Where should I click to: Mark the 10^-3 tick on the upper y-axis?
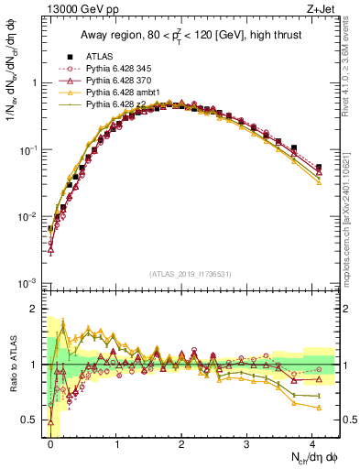coord(30,284)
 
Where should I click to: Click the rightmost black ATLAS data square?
coord(318,168)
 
